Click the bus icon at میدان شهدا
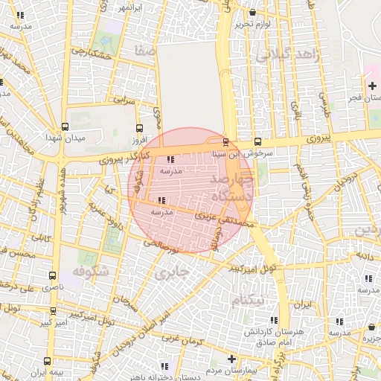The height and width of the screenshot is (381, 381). coord(65,127)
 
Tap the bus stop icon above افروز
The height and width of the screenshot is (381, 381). coord(139,127)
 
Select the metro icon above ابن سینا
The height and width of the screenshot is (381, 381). coord(225,141)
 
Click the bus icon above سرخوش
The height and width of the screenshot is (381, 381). coord(257,141)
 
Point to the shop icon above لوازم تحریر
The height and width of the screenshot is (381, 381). coord(252,12)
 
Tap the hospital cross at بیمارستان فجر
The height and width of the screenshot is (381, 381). coord(372,86)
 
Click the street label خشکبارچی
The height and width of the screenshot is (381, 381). coord(92,54)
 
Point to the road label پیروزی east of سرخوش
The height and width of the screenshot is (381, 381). coord(317,138)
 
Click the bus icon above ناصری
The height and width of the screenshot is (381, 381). coord(52,275)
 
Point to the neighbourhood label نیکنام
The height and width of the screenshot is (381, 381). coord(247,301)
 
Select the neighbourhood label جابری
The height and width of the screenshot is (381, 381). coord(170,273)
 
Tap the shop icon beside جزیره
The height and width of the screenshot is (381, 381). coord(371,327)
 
